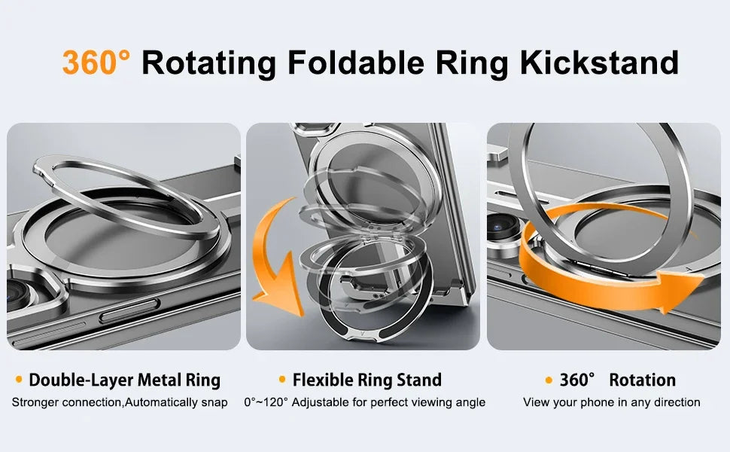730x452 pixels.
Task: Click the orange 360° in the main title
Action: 96,63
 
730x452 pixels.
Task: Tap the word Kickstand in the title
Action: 599,63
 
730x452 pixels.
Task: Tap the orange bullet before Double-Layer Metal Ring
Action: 19,379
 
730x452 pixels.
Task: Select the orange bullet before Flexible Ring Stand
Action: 282,379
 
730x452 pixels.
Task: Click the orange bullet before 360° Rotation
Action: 549,379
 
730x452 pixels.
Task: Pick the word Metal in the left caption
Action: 148,380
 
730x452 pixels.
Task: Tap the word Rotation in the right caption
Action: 642,380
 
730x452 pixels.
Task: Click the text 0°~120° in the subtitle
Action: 266,402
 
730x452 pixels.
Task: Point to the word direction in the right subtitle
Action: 675,402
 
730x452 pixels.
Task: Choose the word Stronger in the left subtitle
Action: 35,402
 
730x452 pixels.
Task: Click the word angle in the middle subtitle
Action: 469,402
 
